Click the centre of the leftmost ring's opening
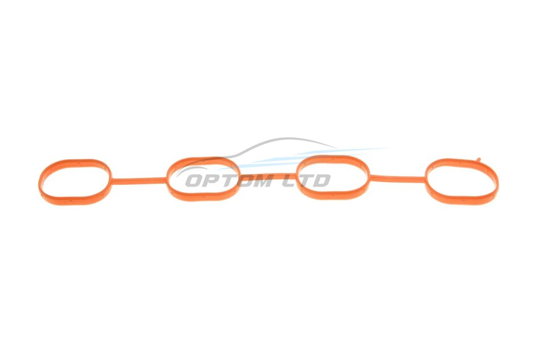[x=75, y=181]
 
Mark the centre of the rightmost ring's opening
[x=462, y=180]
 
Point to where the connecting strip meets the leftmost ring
[x=111, y=180]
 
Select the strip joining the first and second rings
[x=139, y=180]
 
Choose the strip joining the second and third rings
[x=268, y=176]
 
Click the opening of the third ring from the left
[x=333, y=177]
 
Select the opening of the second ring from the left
[x=202, y=180]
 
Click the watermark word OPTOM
[x=229, y=181]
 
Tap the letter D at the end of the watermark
[x=322, y=181]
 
